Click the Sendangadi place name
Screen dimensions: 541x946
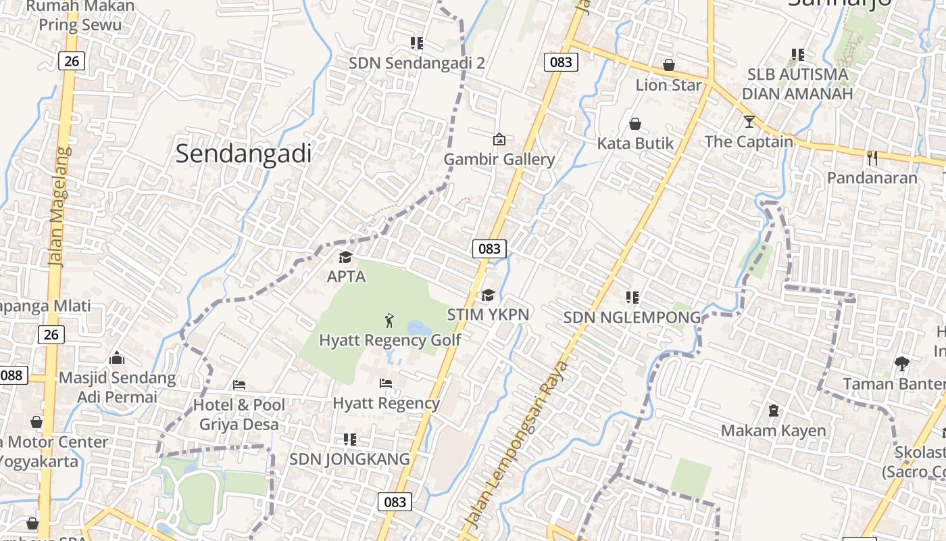[x=243, y=154]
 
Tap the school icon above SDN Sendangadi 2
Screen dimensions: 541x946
[x=417, y=43]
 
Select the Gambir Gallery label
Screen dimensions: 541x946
[x=499, y=160]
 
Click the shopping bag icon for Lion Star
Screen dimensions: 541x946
[x=668, y=65]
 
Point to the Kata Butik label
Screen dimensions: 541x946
[x=635, y=143]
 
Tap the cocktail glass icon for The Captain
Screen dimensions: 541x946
[x=749, y=122]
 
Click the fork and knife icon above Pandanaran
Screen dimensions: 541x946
[x=872, y=158]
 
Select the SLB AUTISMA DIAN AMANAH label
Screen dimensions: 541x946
[x=797, y=84]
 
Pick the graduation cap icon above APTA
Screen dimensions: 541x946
[x=346, y=257]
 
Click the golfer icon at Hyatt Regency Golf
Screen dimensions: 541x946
[x=389, y=320]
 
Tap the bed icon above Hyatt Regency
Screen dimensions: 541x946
[x=386, y=383]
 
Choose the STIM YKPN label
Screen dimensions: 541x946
[x=488, y=314]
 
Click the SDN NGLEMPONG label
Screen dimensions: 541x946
[x=632, y=317]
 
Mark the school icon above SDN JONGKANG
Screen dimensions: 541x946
[x=349, y=440]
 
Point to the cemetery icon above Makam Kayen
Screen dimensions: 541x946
[x=773, y=410]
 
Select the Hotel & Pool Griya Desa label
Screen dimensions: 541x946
[x=239, y=415]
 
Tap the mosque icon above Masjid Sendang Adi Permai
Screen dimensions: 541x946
[x=117, y=357]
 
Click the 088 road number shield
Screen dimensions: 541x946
[x=12, y=375]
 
